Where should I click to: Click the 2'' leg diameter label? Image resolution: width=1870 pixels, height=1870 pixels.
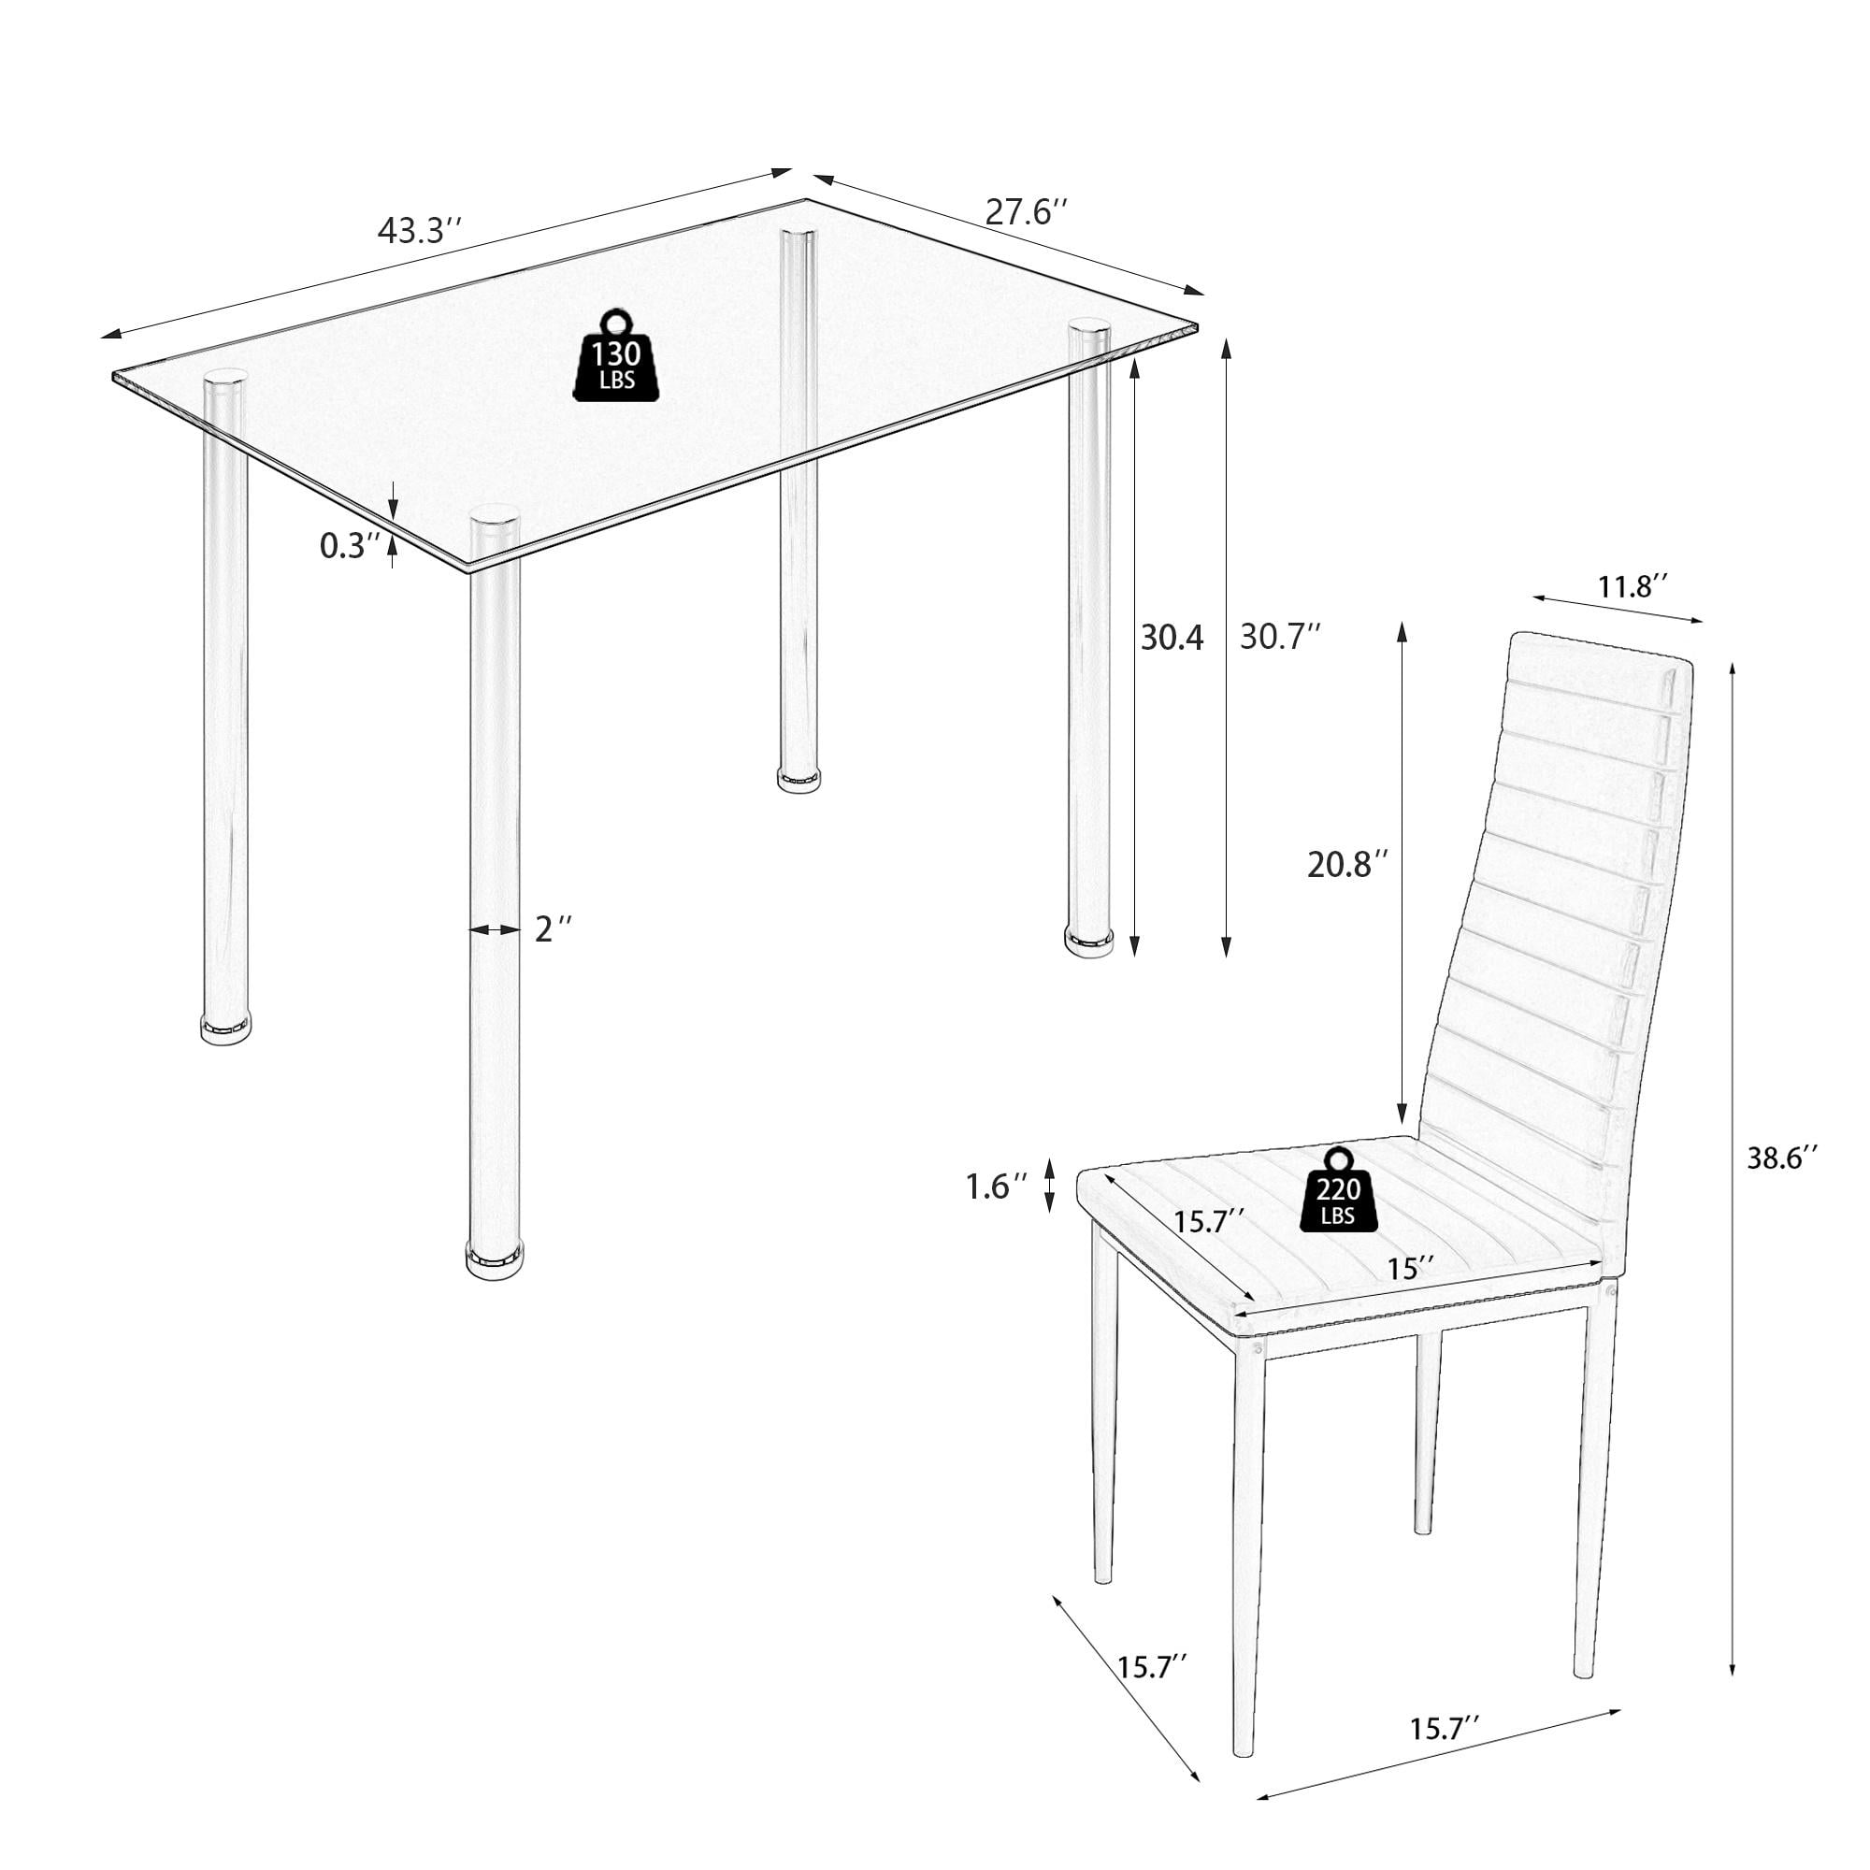point(553,929)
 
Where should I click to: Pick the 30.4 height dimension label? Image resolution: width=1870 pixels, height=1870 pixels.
point(1172,638)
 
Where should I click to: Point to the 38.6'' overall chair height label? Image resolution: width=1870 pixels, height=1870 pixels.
point(1782,1158)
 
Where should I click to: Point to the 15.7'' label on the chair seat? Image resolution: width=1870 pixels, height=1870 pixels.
point(1208,1222)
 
